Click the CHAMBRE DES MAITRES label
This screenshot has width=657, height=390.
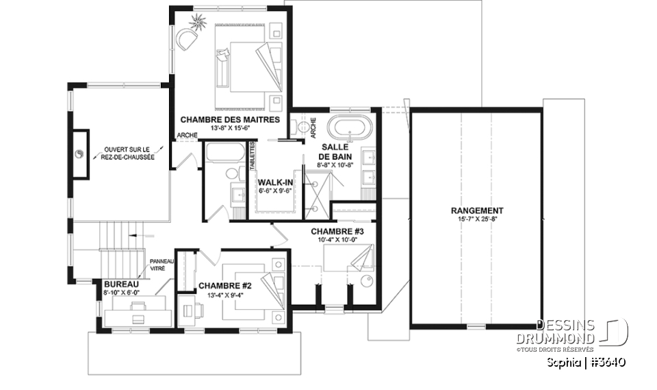point(230,119)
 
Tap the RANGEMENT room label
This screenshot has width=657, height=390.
point(477,210)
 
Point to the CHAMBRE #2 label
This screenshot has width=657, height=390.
point(225,285)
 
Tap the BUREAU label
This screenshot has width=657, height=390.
point(122,284)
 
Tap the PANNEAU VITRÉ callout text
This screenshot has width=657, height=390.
point(163,266)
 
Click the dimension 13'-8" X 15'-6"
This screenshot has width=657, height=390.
point(230,128)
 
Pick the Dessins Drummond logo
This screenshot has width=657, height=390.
point(582,332)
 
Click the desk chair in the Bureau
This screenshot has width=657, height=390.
point(138,318)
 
